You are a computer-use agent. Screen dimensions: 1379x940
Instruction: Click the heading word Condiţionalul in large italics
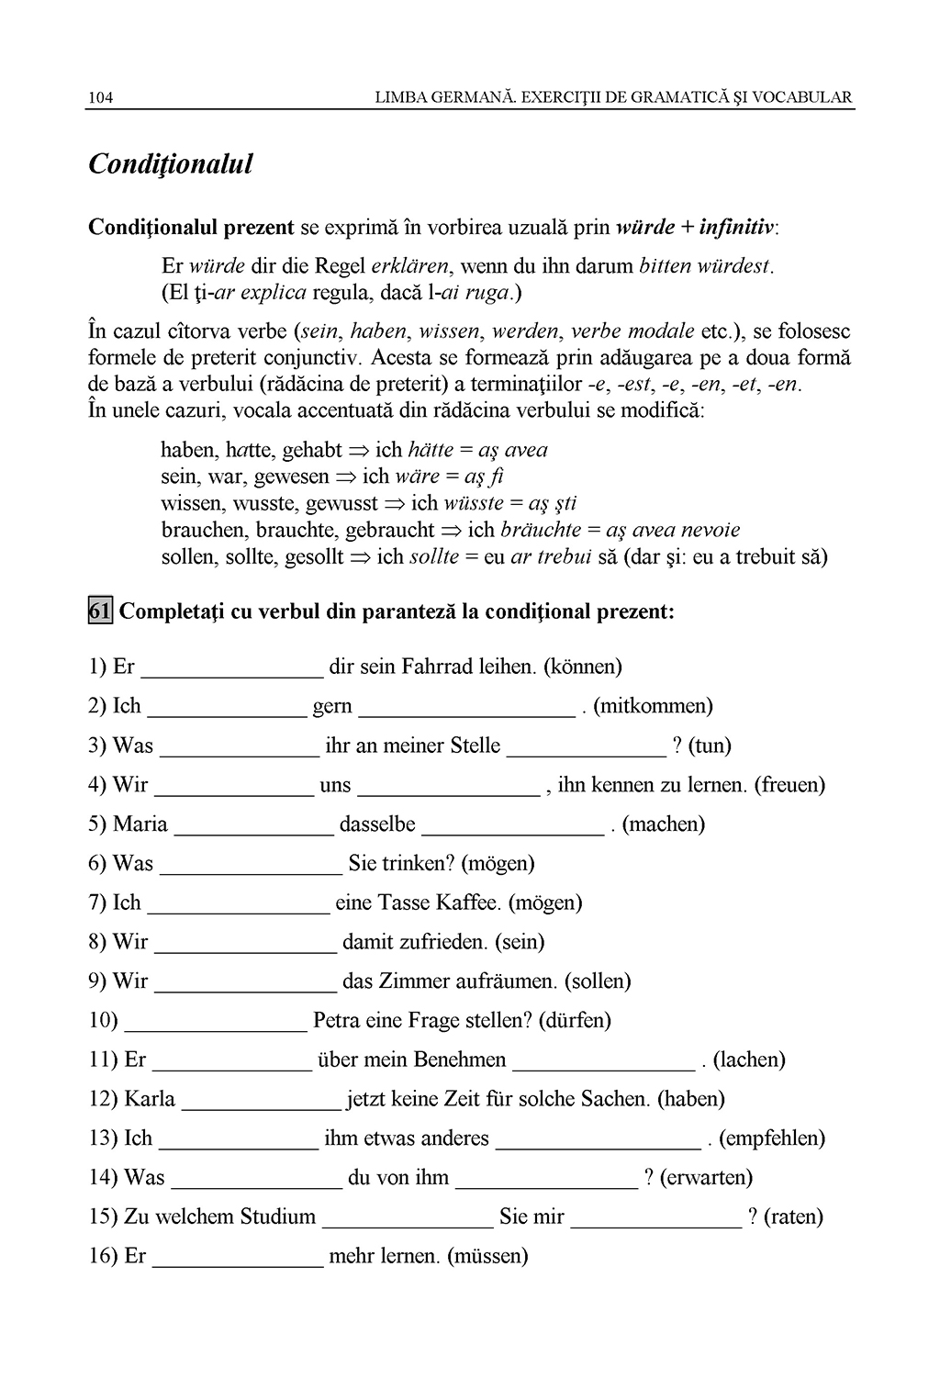(170, 165)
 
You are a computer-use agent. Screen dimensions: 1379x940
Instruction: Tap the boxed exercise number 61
(100, 611)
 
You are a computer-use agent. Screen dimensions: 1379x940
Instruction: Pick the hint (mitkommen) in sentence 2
(654, 706)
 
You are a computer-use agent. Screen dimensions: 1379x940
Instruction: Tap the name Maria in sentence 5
(140, 824)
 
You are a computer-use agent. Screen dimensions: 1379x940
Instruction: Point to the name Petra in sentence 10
(338, 1020)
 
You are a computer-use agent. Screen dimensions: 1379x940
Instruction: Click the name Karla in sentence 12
(149, 1099)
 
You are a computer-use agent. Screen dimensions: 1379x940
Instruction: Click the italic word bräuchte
(541, 530)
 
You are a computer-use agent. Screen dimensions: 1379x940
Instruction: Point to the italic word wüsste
(473, 503)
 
